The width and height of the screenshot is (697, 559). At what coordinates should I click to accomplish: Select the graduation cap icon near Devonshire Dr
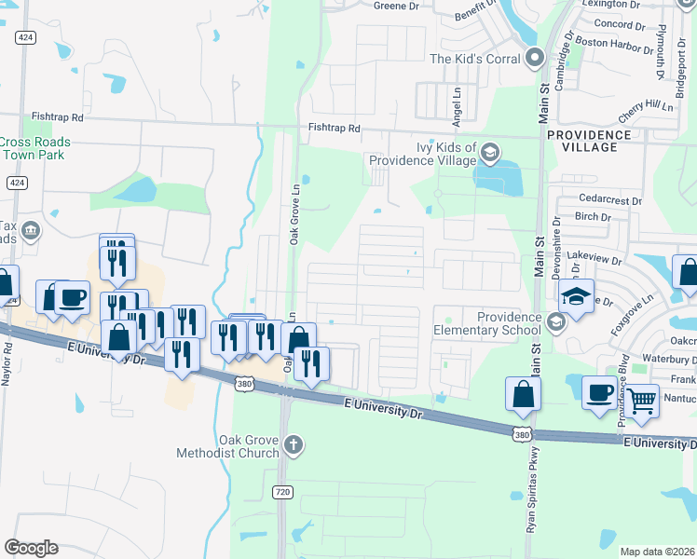(x=575, y=297)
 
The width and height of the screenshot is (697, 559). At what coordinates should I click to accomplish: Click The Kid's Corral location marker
(x=535, y=59)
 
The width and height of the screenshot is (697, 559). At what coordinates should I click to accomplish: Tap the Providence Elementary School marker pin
(x=555, y=322)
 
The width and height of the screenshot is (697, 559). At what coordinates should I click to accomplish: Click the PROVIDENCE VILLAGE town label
(x=594, y=141)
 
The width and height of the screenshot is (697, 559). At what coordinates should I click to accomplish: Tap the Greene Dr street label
(x=397, y=6)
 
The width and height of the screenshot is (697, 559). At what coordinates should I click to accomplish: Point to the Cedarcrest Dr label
(x=610, y=200)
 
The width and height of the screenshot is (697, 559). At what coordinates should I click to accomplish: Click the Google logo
(x=31, y=548)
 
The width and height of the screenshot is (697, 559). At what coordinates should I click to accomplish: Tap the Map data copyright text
(x=657, y=552)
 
